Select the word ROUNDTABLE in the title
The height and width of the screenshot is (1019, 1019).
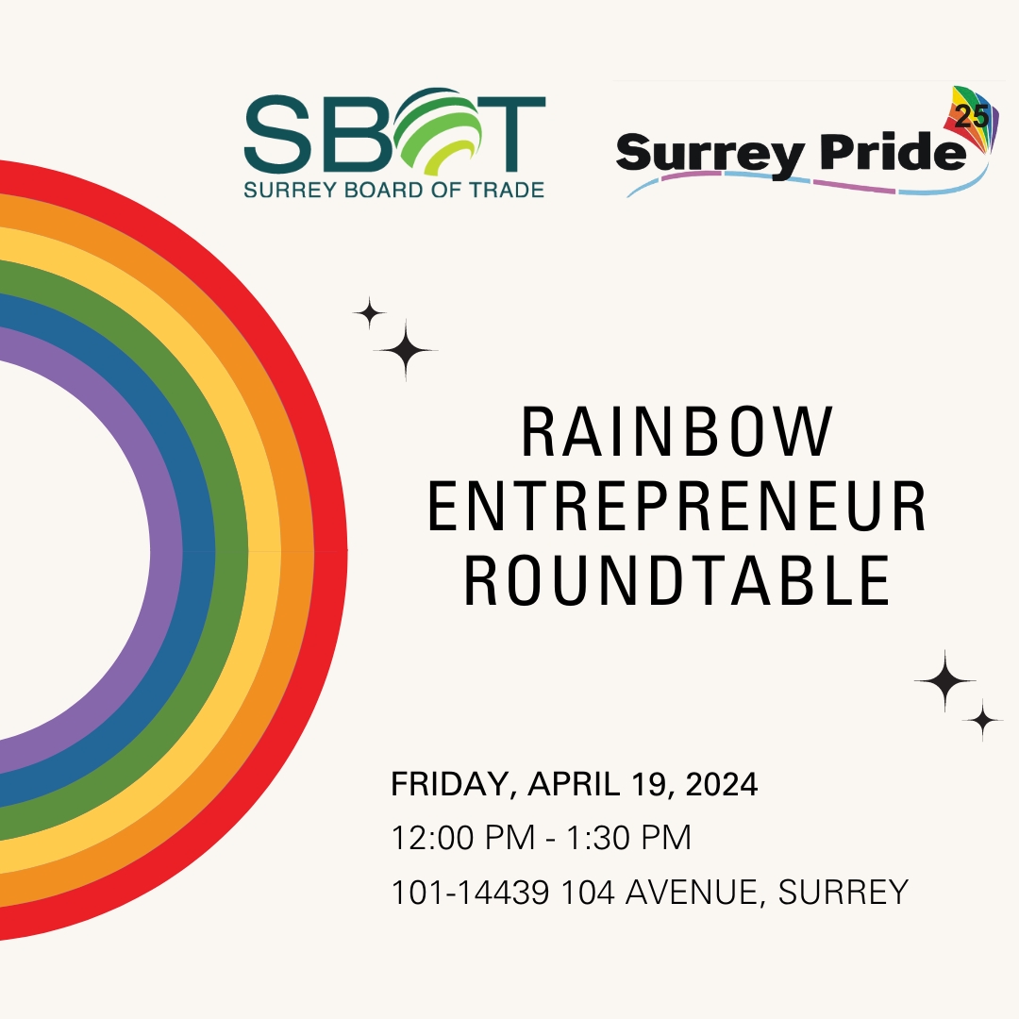[x=677, y=581]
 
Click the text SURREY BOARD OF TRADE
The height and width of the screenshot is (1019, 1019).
[x=394, y=190]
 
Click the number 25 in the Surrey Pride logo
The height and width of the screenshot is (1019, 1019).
[x=972, y=118]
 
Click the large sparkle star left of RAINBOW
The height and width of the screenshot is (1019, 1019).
[x=406, y=350]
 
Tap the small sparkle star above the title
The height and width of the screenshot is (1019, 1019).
[x=369, y=313]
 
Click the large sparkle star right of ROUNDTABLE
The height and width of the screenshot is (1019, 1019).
[x=944, y=681]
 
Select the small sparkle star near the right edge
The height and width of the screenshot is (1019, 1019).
[x=982, y=721]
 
